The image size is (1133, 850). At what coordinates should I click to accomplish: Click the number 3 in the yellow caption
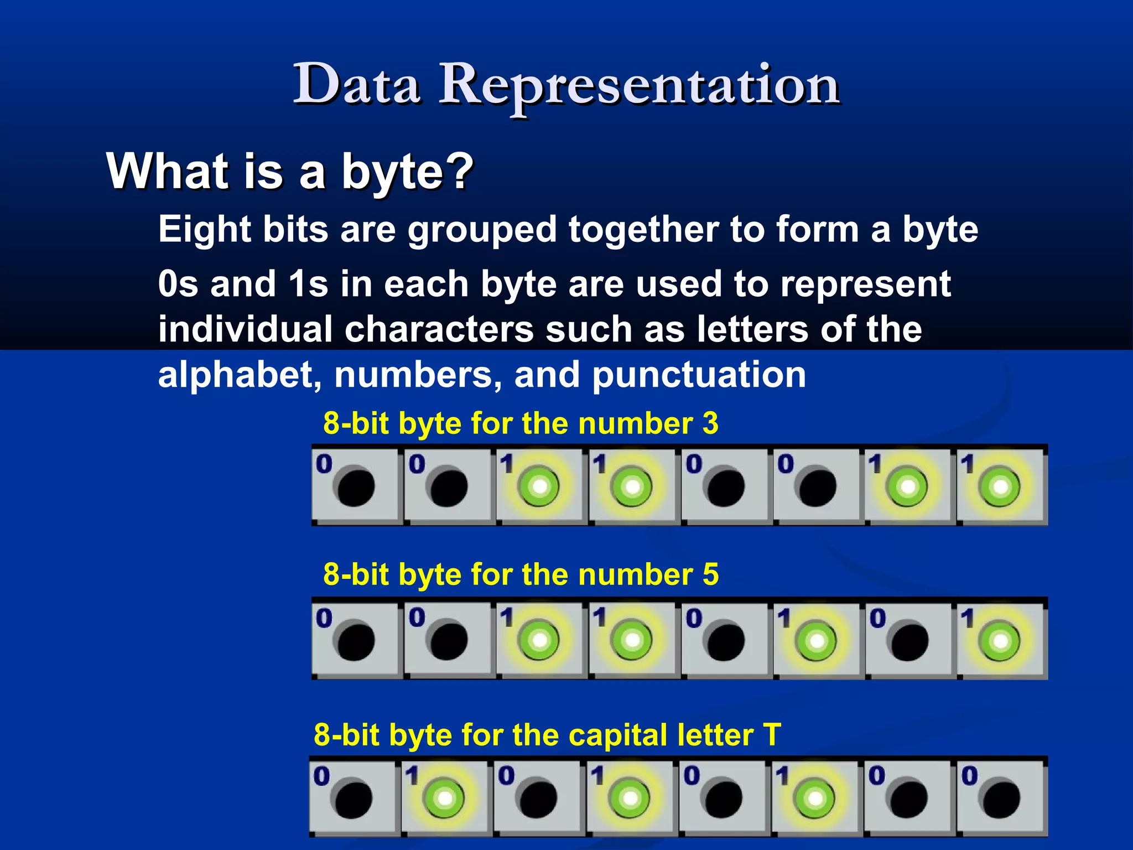point(710,424)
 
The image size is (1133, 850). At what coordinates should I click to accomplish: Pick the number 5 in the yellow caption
point(710,575)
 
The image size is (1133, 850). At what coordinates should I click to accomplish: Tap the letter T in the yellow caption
point(772,735)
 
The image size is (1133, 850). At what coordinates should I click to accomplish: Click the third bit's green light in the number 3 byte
point(539,487)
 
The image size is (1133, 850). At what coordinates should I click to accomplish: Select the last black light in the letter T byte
point(1001,799)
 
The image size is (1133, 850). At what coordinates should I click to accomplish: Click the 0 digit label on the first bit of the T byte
point(321,776)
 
